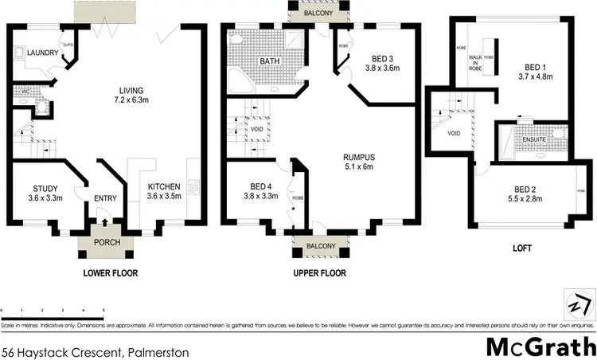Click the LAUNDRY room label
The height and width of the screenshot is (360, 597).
coord(33,54)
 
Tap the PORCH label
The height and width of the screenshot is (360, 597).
coord(105,243)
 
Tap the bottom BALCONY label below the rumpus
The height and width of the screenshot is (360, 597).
coord(321,246)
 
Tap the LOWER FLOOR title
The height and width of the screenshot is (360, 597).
coord(110,273)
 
